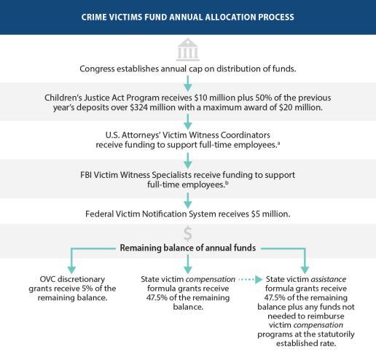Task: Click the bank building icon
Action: [188, 50]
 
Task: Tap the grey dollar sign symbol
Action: [188, 234]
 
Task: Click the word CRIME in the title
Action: [90, 17]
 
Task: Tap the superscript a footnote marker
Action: [278, 143]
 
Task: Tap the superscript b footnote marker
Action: [227, 183]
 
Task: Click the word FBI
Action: [86, 175]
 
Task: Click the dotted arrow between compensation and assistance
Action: [251, 280]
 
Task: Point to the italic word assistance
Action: [329, 279]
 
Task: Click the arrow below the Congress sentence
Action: [188, 83]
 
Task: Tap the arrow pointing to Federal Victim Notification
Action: [188, 200]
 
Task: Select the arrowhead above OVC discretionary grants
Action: [71, 270]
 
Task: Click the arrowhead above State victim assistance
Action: [305, 270]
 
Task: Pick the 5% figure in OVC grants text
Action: [87, 289]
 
